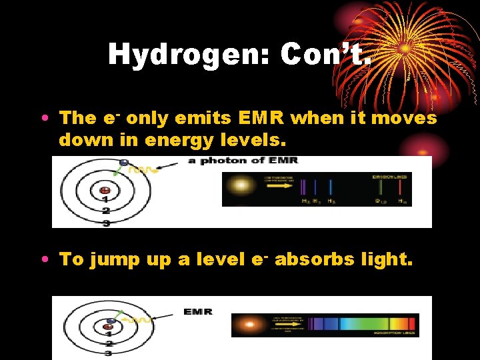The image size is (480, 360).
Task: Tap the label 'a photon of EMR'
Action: click(x=243, y=161)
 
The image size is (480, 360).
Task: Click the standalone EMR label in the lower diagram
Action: click(x=198, y=312)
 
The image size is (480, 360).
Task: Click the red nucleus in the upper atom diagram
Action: click(x=105, y=189)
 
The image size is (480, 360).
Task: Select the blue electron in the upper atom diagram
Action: click(x=123, y=163)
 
